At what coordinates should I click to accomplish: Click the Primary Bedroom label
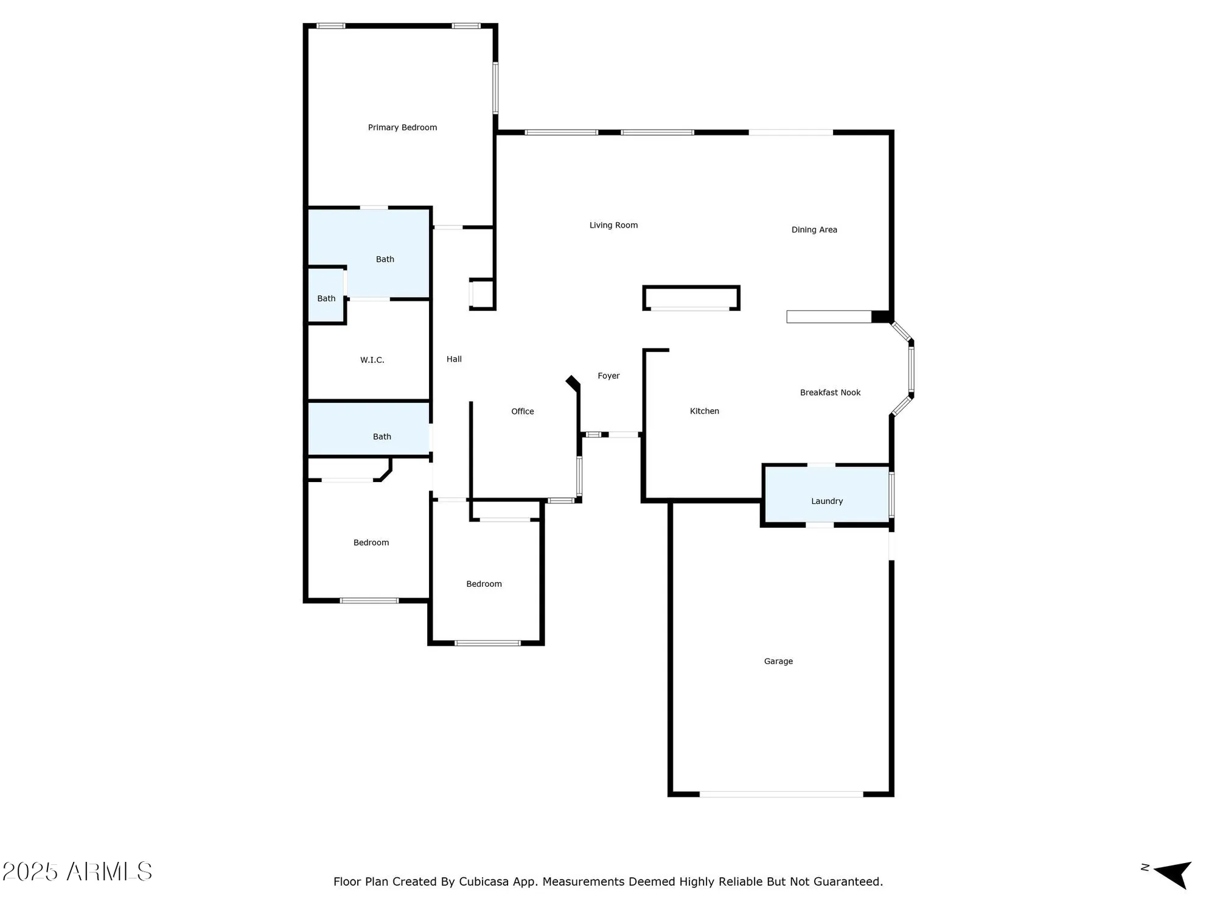(402, 127)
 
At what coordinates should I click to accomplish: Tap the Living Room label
(613, 225)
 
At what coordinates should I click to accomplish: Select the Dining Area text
(814, 229)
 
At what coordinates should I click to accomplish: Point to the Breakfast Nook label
(830, 393)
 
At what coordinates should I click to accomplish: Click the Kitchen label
(704, 411)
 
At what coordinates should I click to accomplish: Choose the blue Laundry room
(826, 494)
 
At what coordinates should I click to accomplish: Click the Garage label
(778, 661)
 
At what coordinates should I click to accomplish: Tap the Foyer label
(608, 376)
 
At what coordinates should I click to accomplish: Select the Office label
(522, 411)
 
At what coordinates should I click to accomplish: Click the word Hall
(454, 359)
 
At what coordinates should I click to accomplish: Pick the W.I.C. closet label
(372, 360)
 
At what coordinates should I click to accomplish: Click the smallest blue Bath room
(326, 295)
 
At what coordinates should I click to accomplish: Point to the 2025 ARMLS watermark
(77, 872)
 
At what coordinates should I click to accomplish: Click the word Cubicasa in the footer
(483, 881)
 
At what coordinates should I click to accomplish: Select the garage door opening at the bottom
(781, 794)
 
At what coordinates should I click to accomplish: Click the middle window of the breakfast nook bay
(911, 369)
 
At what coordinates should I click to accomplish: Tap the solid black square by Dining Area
(880, 317)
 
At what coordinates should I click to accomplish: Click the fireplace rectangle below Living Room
(691, 298)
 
